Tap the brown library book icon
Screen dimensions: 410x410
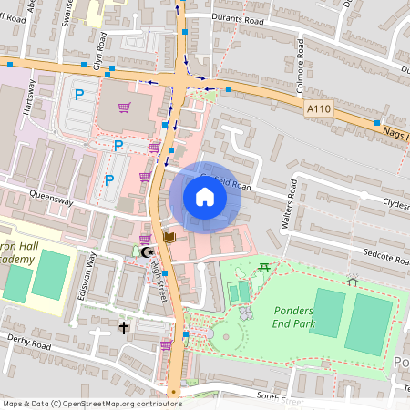click(x=169, y=237)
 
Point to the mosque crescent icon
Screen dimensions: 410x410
click(x=149, y=251)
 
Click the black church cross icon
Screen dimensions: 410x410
click(x=123, y=325)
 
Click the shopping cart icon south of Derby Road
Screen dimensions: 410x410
click(x=166, y=345)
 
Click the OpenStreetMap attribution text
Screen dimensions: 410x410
click(x=91, y=403)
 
